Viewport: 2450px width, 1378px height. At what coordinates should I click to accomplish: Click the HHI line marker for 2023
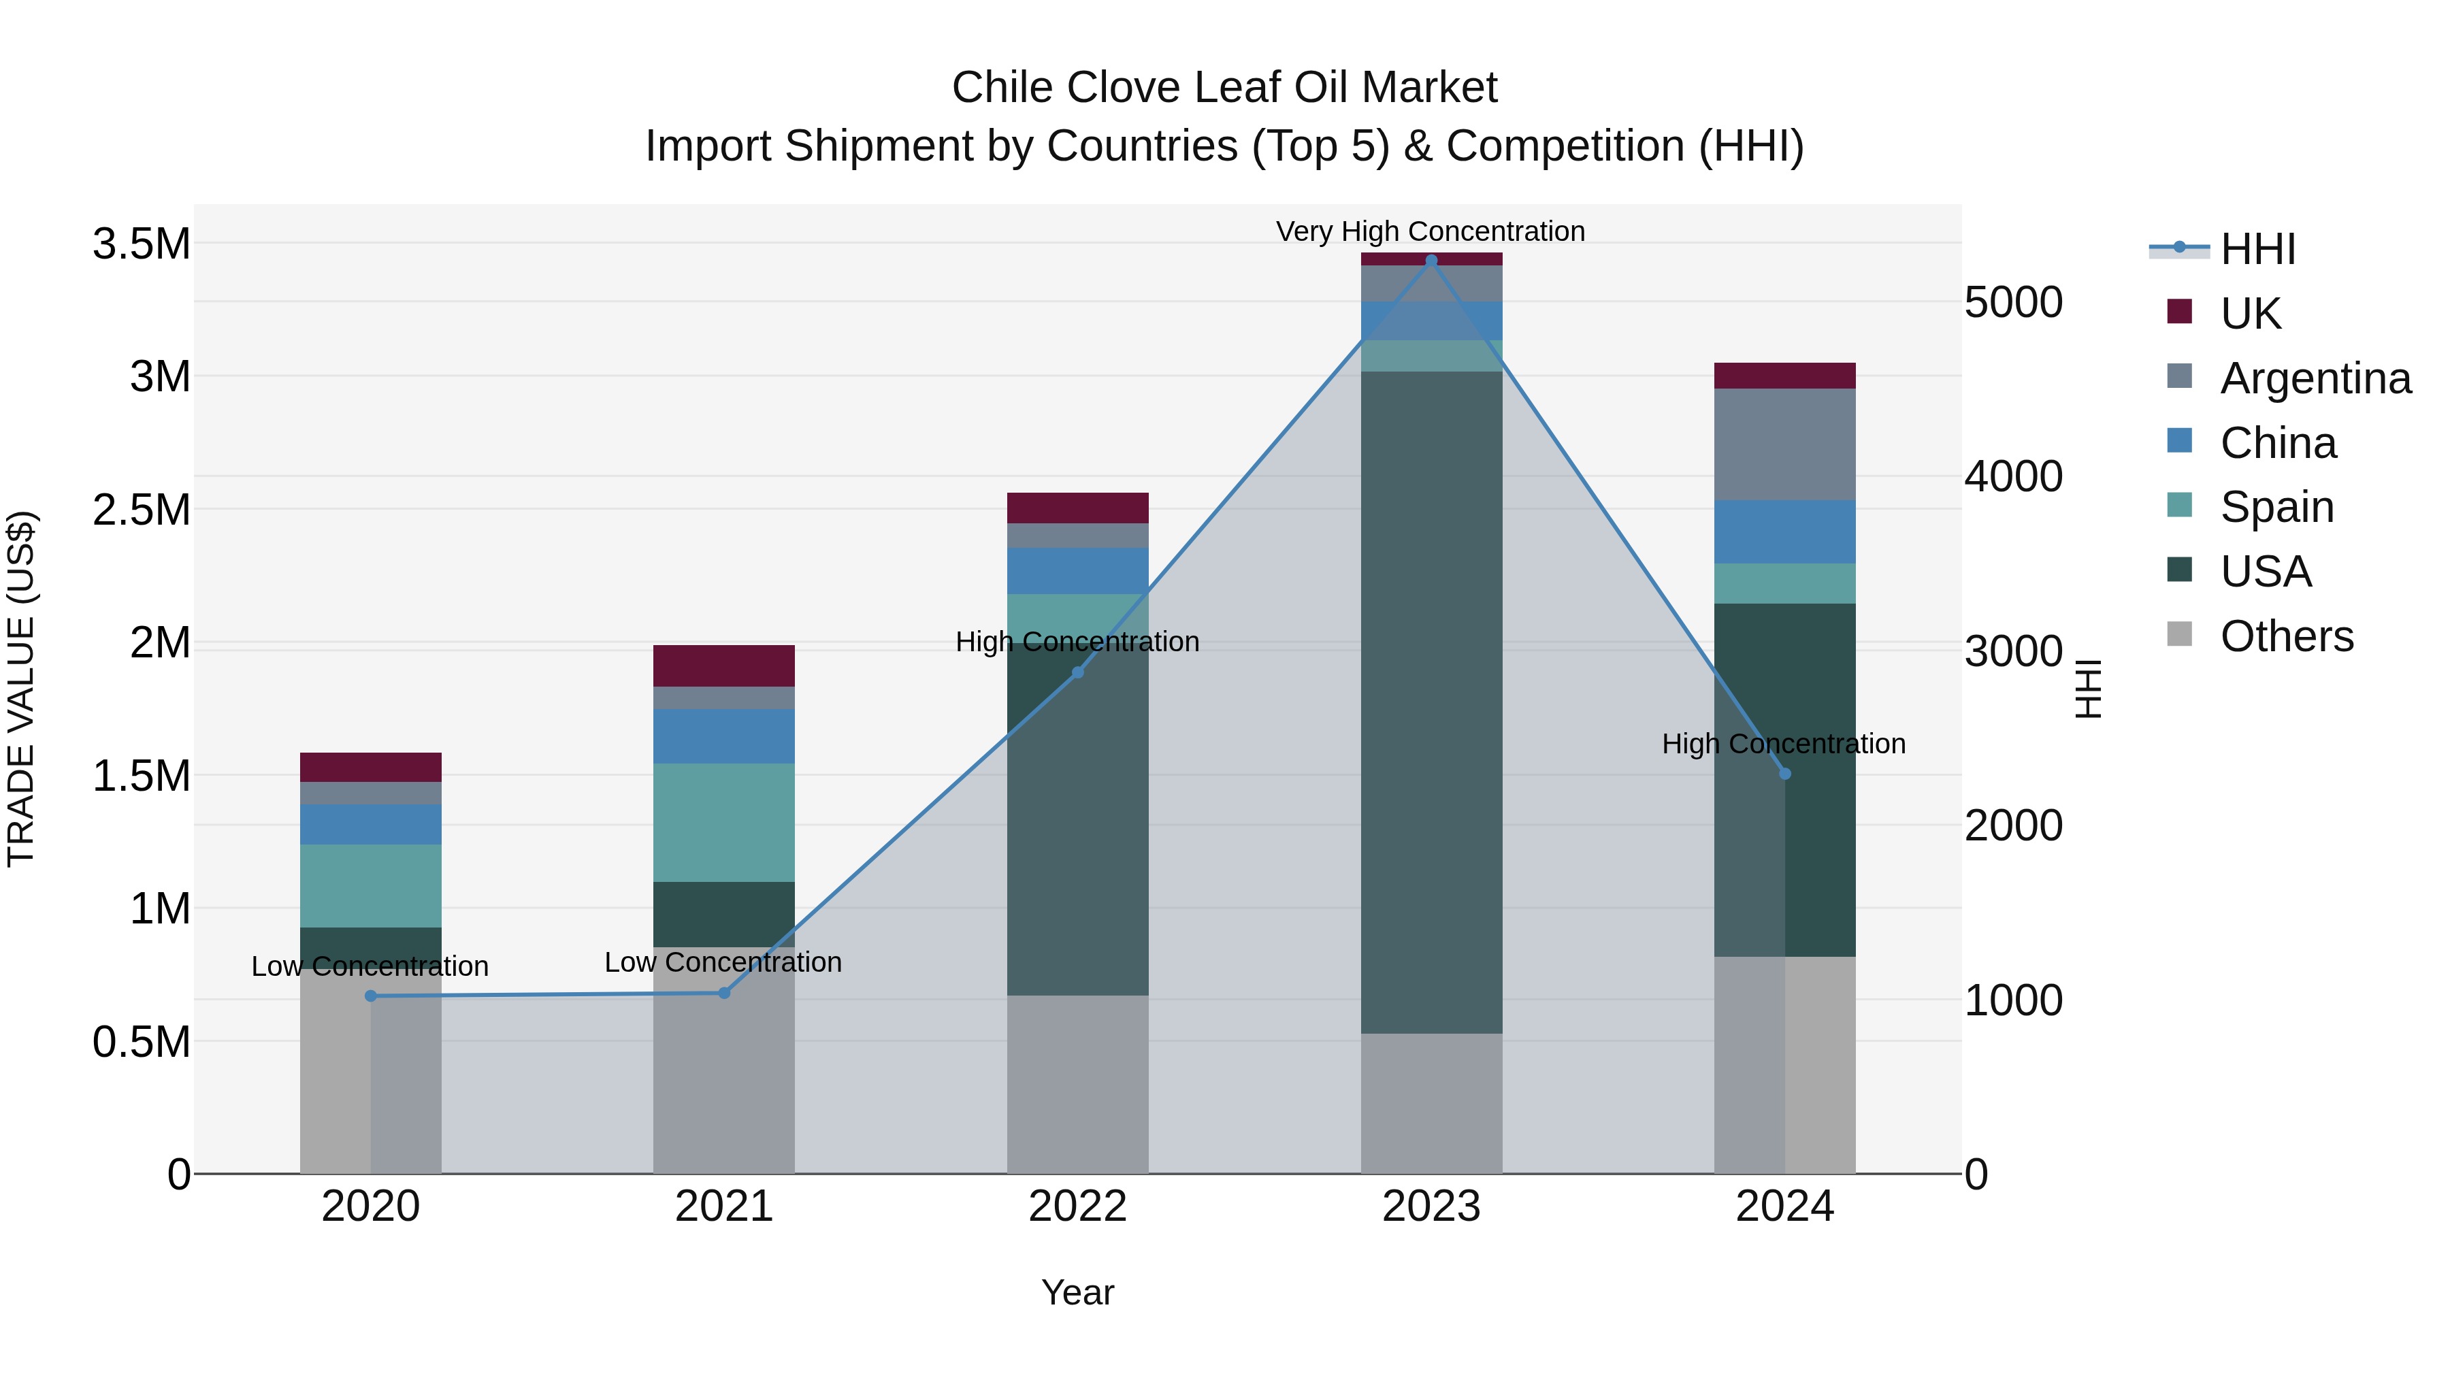click(1431, 261)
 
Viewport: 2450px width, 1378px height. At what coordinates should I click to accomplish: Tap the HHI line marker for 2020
click(371, 996)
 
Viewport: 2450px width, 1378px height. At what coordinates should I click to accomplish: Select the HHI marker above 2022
click(1077, 672)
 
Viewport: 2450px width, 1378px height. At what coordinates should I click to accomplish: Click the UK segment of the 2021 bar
click(724, 666)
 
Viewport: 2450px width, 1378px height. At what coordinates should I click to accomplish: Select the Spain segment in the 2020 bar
click(371, 885)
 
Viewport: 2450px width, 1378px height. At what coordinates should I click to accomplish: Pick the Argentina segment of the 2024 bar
click(1785, 444)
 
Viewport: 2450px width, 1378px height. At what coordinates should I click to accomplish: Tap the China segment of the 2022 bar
click(1077, 571)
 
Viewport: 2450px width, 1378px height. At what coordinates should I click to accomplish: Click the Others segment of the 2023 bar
click(1431, 1103)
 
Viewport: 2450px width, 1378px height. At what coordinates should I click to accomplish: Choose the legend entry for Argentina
click(2315, 378)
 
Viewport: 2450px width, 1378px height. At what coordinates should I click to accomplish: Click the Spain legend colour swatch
click(2179, 505)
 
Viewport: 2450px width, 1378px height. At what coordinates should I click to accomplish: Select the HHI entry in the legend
click(2257, 249)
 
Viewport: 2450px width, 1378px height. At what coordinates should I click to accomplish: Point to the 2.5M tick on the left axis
click(141, 510)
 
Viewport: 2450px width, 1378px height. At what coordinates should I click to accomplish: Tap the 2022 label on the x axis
click(1077, 1207)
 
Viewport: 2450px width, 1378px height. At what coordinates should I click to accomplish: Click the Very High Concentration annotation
click(1431, 231)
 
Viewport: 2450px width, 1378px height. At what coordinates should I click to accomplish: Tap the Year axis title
click(1077, 1292)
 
